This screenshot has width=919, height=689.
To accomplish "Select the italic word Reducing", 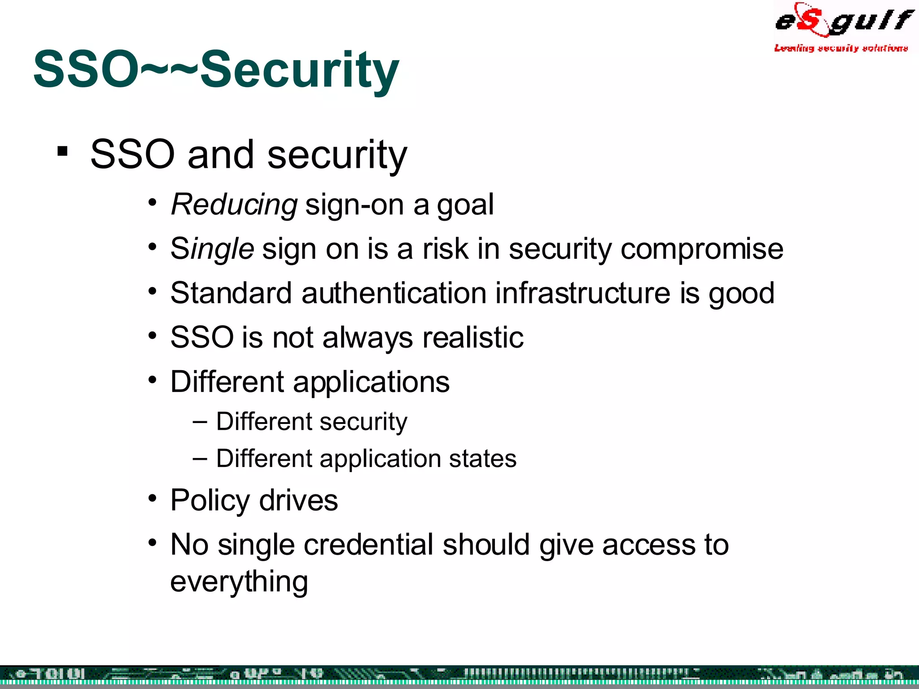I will point(234,205).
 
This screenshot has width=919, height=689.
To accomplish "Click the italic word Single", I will point(212,249).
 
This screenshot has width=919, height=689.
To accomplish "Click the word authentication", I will point(394,293).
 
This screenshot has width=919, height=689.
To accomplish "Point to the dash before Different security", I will point(200,422).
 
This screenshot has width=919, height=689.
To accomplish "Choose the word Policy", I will point(210,501).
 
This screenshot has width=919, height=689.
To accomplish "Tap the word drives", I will point(298,501).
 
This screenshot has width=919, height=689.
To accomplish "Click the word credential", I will point(368,545).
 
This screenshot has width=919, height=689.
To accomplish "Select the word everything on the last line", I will point(239,582).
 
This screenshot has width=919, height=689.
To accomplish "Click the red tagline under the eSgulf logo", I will point(841,48).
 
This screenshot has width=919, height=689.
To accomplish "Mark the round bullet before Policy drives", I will point(153,498).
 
